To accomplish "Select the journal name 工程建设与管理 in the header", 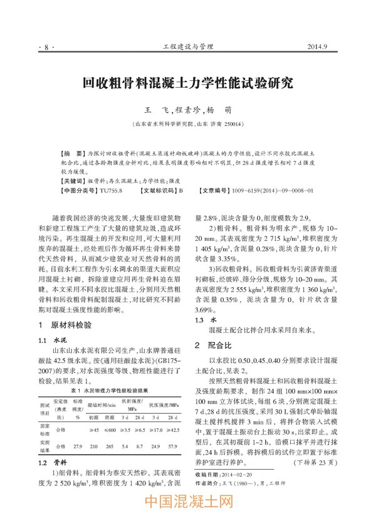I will [x=188, y=46].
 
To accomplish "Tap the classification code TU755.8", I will [x=110, y=189].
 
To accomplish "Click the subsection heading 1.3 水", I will [x=203, y=319].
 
